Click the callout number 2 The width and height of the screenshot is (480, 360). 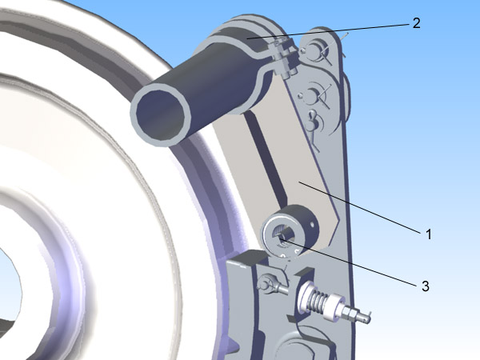[416, 23]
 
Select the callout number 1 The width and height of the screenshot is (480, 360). [429, 234]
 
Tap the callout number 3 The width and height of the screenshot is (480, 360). [426, 286]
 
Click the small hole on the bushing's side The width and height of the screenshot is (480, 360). [312, 225]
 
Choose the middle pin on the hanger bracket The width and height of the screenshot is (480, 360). [312, 95]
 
